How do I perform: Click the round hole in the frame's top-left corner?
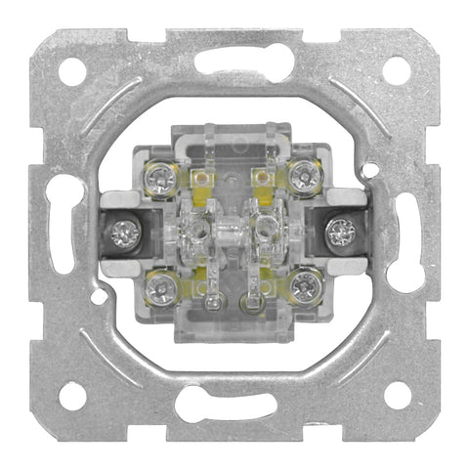[72, 71]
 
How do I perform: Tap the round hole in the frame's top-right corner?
[396, 70]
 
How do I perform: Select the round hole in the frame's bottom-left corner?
[72, 396]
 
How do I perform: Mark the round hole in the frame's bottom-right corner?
[396, 395]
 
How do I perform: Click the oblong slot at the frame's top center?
[234, 63]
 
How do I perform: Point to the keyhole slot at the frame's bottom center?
[234, 404]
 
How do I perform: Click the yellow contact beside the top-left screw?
[201, 179]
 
